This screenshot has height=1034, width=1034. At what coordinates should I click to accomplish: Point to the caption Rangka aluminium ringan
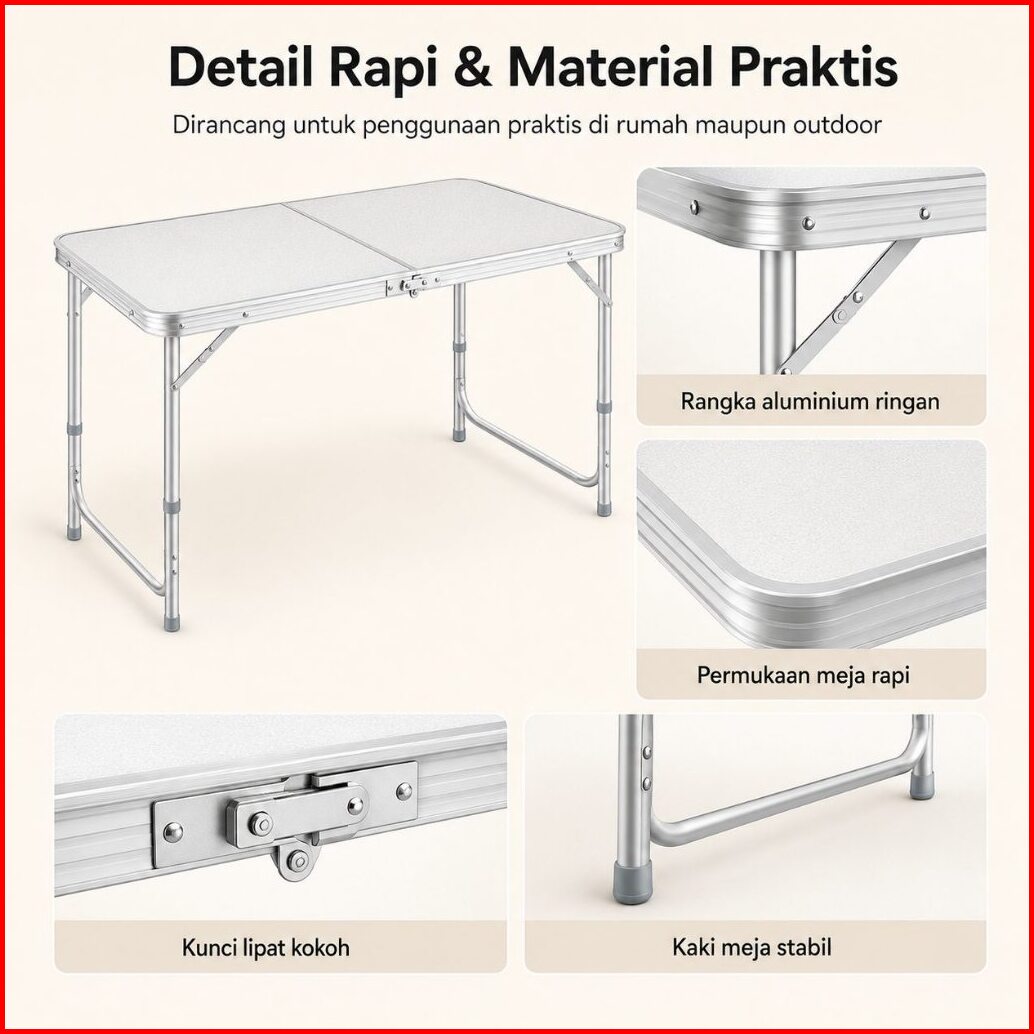click(x=810, y=401)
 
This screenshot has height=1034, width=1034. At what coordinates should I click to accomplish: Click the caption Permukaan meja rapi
click(x=803, y=675)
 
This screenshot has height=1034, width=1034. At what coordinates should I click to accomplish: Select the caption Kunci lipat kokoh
click(x=266, y=948)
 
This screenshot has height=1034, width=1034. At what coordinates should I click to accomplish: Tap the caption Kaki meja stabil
click(x=752, y=947)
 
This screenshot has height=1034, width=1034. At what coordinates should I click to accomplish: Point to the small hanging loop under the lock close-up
click(x=296, y=858)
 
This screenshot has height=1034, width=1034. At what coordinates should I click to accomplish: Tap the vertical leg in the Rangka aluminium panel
click(x=777, y=310)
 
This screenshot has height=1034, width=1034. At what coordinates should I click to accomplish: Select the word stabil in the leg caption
click(x=803, y=947)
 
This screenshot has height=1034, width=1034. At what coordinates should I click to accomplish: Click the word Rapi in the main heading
click(x=383, y=67)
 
